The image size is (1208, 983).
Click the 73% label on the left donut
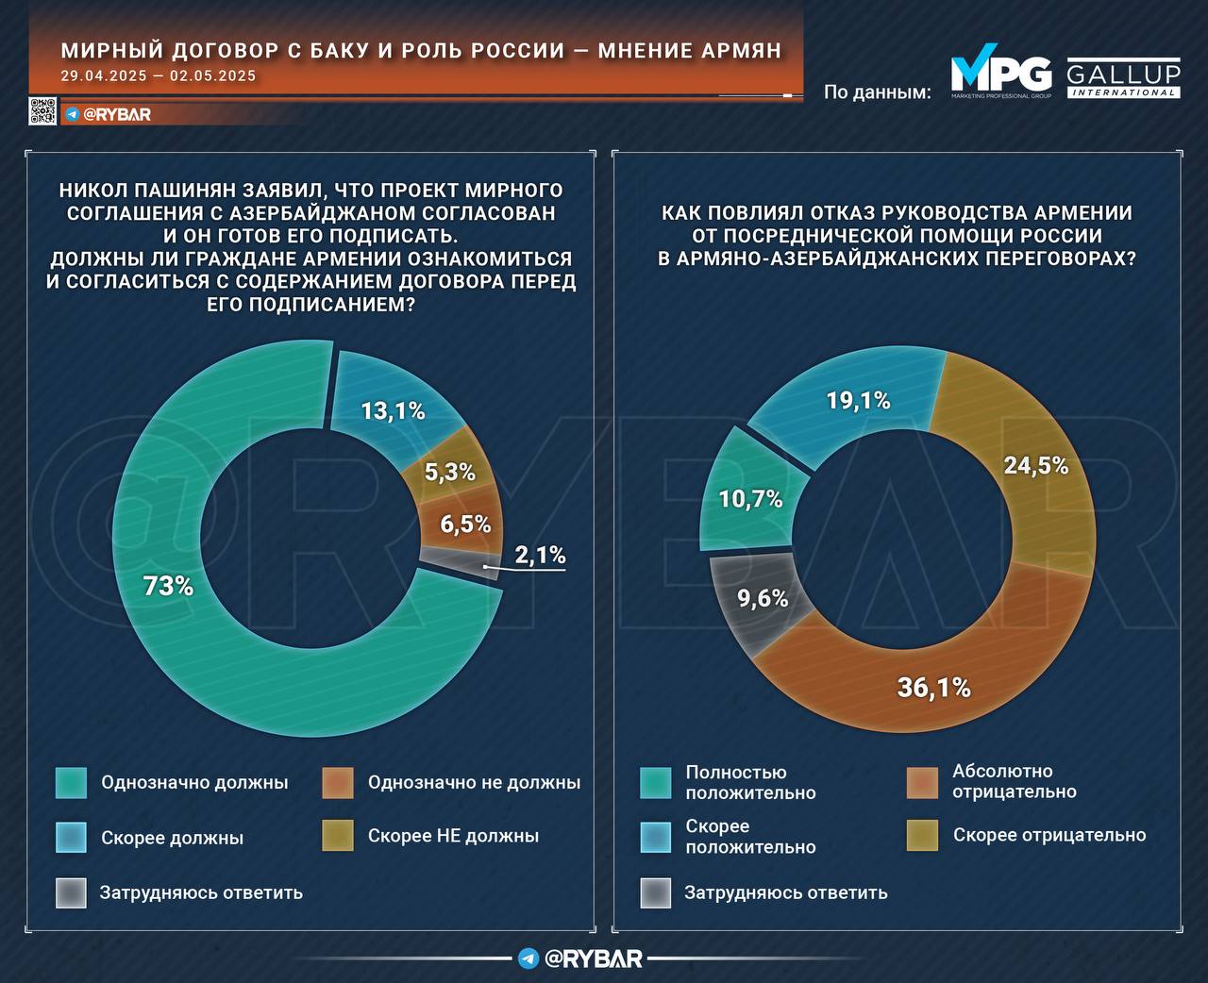click(x=168, y=586)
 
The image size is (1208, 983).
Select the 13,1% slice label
click(x=394, y=410)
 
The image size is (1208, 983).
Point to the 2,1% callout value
click(x=540, y=555)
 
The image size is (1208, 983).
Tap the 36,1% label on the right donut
click(x=933, y=688)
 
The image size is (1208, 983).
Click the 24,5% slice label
click(x=1036, y=465)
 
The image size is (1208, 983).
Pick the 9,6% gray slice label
click(x=762, y=597)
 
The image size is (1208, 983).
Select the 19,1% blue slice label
click(x=858, y=400)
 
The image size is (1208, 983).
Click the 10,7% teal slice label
click(x=750, y=499)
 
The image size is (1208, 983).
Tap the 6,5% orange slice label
click(x=465, y=524)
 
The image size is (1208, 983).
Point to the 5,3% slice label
click(x=449, y=472)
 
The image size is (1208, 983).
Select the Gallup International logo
click(x=1123, y=79)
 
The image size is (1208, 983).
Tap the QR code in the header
click(x=42, y=111)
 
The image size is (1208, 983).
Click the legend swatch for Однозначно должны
click(x=71, y=782)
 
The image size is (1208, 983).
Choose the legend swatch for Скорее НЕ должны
click(x=338, y=836)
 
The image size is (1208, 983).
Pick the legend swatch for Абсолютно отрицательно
click(x=922, y=781)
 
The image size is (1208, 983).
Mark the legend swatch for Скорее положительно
click(x=656, y=837)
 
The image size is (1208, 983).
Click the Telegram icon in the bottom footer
click(x=528, y=958)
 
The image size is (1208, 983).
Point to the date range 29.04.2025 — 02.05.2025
click(x=158, y=76)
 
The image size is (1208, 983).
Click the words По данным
click(x=877, y=92)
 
